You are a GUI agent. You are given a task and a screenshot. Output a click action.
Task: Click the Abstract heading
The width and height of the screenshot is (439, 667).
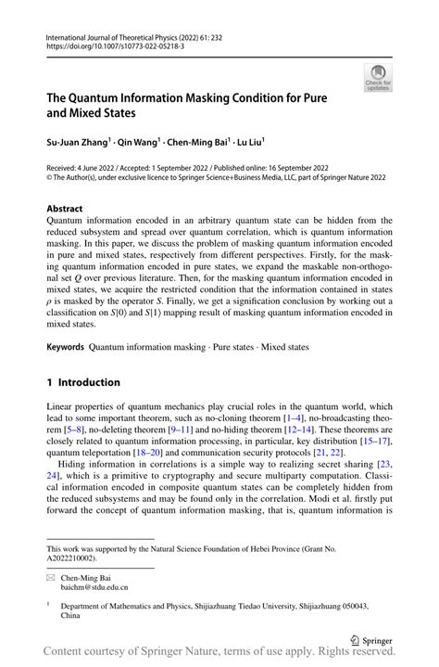coord(64,209)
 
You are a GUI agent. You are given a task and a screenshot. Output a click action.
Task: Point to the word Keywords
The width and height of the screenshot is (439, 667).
coord(66,348)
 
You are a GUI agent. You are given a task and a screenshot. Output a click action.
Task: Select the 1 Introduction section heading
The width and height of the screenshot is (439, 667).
coord(83,382)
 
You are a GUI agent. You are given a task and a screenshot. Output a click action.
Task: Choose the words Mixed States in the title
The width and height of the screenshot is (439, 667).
coord(108,115)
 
